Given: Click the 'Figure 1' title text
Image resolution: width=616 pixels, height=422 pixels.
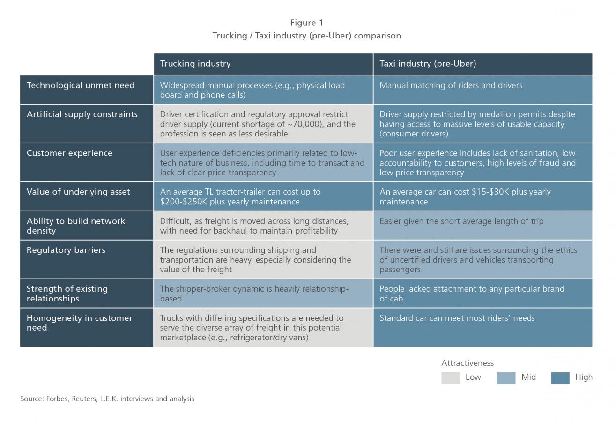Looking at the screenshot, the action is pos(307,23).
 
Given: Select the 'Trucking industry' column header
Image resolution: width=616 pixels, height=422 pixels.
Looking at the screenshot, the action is pos(195,64).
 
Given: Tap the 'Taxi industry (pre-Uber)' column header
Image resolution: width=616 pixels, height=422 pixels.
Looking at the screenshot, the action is pos(428,64).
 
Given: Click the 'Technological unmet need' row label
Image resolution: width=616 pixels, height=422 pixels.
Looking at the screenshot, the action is pos(81,85).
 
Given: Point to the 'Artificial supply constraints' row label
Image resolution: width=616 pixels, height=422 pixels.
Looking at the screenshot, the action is pos(82,114).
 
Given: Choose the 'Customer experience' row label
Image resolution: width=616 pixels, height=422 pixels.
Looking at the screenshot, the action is pos(69,153).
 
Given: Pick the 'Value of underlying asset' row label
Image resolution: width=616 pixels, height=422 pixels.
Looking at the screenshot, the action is pos(78,192).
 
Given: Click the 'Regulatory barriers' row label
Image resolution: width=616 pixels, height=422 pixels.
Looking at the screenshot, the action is pos(66,250).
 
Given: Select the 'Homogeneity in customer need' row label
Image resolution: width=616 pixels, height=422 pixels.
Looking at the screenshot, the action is pos(80,323).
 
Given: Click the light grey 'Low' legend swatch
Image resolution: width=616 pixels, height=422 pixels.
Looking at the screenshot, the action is pos(451,378).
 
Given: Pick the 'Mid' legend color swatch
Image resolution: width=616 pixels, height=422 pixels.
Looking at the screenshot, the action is pos(506,378).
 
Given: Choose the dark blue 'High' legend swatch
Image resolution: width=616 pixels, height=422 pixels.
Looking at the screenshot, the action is pos(560,378).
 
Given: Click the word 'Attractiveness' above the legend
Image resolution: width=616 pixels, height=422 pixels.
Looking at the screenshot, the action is pos(468,363).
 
